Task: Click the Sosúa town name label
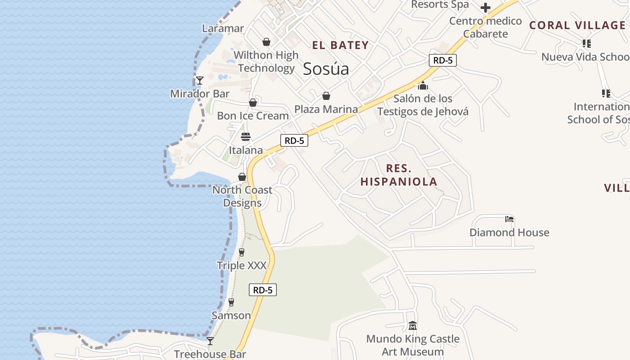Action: point(326,69)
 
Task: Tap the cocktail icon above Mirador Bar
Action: point(200,81)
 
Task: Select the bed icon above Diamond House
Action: point(509,219)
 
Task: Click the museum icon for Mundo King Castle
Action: point(412,325)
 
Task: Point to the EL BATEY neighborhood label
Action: point(341,45)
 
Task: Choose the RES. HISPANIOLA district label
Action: point(399,175)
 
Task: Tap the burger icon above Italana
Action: point(246,136)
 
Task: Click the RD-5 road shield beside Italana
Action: point(294,140)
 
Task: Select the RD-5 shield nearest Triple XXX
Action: point(263,290)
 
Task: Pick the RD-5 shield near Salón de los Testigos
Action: point(442,60)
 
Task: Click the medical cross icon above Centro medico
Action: point(485,8)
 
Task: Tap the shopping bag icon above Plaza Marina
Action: point(326,96)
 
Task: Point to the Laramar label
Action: point(223,28)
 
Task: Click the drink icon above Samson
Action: point(231,302)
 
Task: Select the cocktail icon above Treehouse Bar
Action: point(210,341)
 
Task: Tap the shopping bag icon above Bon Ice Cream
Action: point(253,103)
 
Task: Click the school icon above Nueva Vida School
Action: point(586,44)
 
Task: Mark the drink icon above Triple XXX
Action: point(242,252)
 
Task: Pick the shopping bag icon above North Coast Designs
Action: point(242,177)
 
